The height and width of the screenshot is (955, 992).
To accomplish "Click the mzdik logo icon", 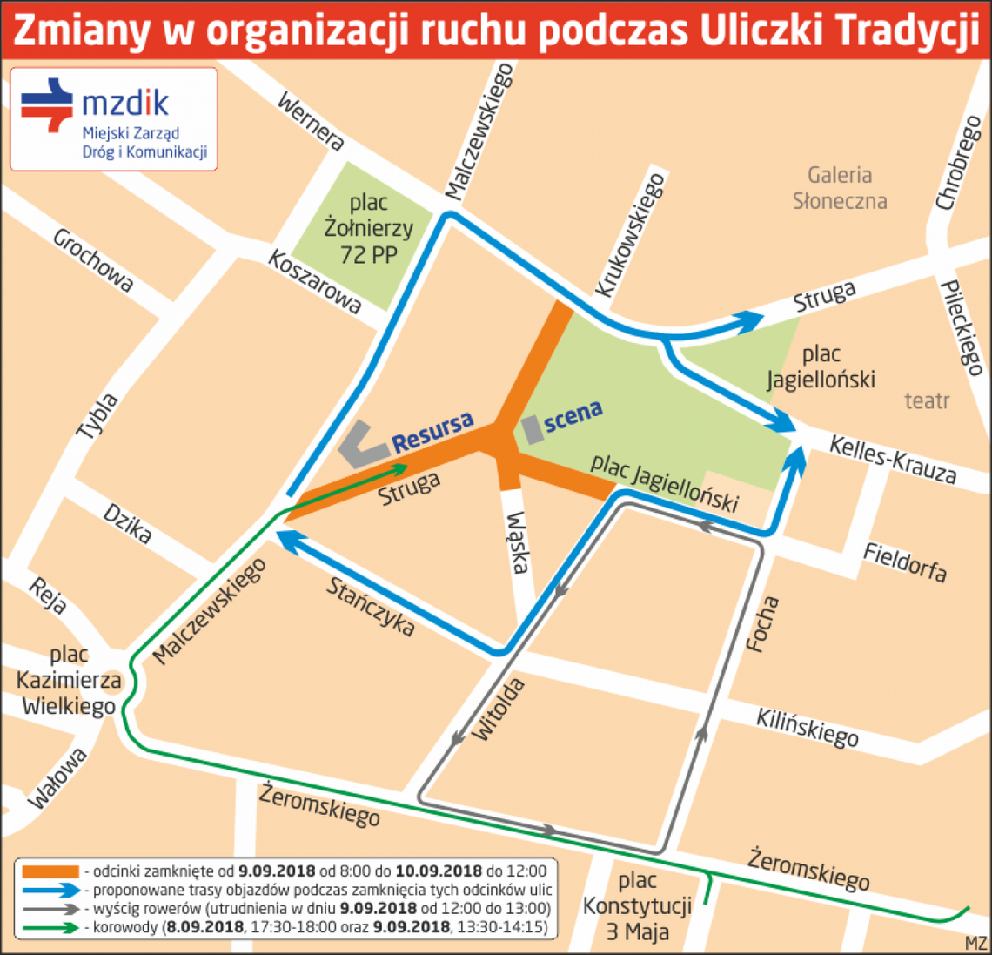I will (x=47, y=106).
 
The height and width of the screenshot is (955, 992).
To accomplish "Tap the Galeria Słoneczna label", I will (x=840, y=188).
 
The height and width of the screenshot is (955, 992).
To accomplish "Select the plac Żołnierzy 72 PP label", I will (x=368, y=229).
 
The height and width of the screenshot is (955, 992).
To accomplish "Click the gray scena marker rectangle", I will (x=532, y=429).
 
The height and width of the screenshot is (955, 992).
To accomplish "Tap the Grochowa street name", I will (x=93, y=259).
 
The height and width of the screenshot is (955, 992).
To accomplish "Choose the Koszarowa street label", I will (x=314, y=280).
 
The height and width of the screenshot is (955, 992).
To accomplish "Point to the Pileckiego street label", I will (x=962, y=327).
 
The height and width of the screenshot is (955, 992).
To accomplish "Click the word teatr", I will (x=927, y=401).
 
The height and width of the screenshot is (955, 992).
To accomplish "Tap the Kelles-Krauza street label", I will (x=892, y=460).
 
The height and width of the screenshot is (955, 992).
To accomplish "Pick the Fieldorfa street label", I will (x=905, y=562).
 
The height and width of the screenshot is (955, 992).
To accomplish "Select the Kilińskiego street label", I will (x=807, y=728).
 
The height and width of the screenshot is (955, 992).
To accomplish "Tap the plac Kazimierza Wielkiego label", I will (x=69, y=680).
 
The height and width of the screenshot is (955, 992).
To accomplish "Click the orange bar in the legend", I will (x=50, y=871).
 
